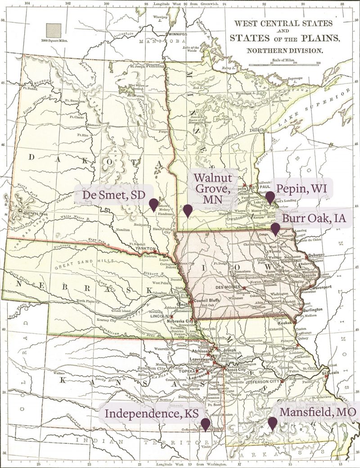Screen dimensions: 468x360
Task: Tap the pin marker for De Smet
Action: pyautogui.click(x=153, y=204)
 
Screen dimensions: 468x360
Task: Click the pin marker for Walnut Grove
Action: pyautogui.click(x=188, y=210)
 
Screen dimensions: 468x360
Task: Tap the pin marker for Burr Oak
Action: pyautogui.click(x=275, y=228)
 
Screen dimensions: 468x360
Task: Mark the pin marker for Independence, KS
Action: pyautogui.click(x=205, y=424)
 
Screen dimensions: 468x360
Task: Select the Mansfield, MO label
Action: pyautogui.click(x=318, y=412)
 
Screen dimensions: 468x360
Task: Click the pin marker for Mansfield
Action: pyautogui.click(x=272, y=423)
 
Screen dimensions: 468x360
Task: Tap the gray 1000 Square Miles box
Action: pyautogui.click(x=54, y=30)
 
